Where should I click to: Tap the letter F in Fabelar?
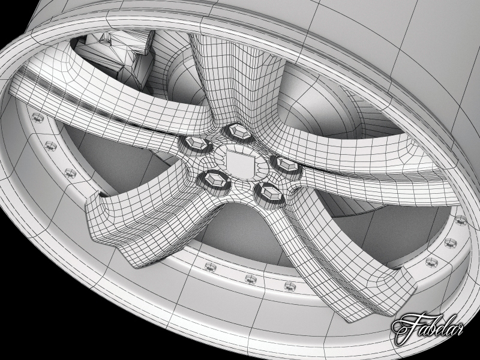click(x=403, y=328)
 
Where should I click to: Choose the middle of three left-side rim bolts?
click(x=50, y=145)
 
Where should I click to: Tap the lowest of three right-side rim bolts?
click(x=431, y=262)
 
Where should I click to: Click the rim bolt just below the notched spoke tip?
click(x=211, y=266)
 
